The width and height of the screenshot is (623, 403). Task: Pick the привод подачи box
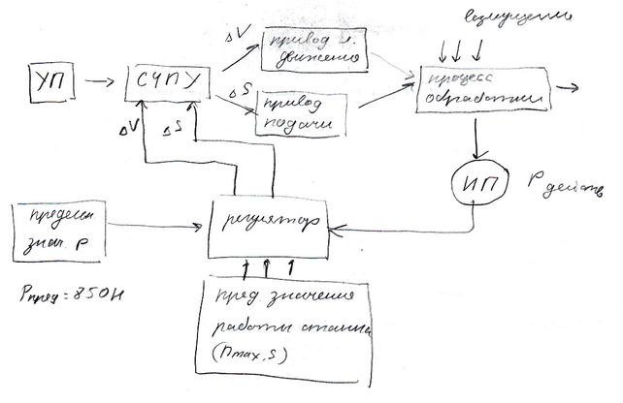click(x=303, y=112)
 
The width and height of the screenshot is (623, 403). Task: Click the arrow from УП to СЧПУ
click(x=99, y=81)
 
